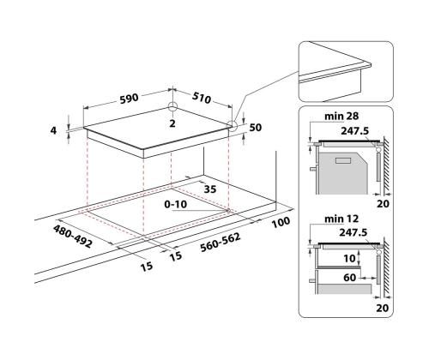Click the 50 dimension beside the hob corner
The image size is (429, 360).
click(x=255, y=128)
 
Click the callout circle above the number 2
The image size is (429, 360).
click(x=173, y=109)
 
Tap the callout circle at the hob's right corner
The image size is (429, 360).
click(x=233, y=125)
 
